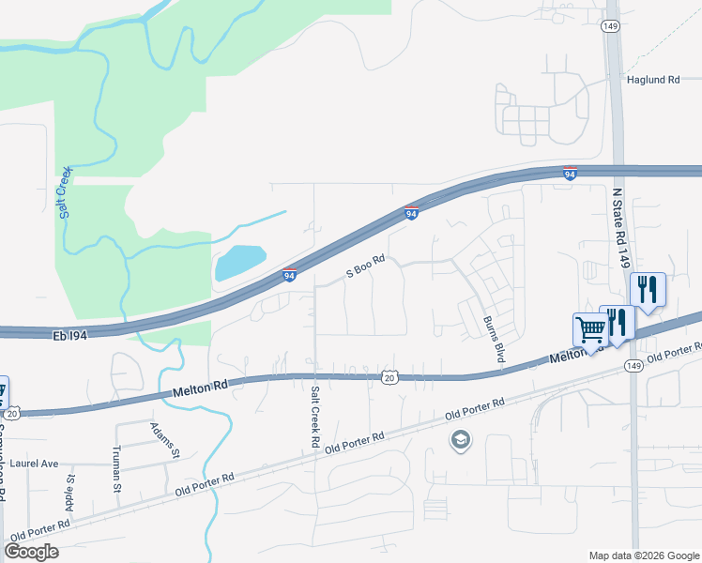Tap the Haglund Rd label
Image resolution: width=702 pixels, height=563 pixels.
pyautogui.click(x=652, y=81)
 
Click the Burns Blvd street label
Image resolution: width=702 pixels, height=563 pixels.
pyautogui.click(x=489, y=340)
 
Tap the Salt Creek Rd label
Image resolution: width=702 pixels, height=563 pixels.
pyautogui.click(x=316, y=416)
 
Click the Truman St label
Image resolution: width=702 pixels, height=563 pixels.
pyautogui.click(x=118, y=469)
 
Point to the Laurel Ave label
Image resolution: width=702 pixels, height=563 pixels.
pyautogui.click(x=36, y=464)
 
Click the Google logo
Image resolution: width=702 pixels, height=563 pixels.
pyautogui.click(x=32, y=552)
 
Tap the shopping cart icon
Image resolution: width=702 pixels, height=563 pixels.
pyautogui.click(x=590, y=329)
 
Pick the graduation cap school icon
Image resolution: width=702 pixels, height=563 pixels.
pyautogui.click(x=461, y=439)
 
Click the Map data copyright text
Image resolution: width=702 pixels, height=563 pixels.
pyautogui.click(x=643, y=555)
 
